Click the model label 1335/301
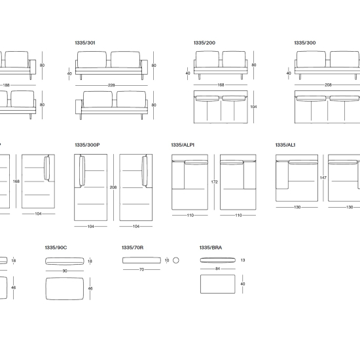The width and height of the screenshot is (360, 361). click(85, 43)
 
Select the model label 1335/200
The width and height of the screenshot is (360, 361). click(204, 43)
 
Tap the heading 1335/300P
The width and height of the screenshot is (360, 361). click(87, 145)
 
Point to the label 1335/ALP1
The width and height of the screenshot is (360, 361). click(183, 145)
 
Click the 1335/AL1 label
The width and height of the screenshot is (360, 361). click(285, 145)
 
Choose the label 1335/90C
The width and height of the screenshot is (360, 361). click(56, 248)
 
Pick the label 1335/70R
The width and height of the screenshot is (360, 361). click(132, 248)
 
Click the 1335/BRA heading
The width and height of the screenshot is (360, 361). click(211, 248)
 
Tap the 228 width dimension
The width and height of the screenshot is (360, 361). click(111, 85)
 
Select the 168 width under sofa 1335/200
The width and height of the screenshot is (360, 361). click(221, 85)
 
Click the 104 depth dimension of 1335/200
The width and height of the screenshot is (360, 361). click(253, 107)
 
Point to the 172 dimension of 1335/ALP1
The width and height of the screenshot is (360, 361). click(214, 182)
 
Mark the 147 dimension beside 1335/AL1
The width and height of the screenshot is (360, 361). click(323, 178)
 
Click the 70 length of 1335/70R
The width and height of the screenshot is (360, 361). click(141, 269)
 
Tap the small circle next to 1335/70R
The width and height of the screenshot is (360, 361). click(175, 260)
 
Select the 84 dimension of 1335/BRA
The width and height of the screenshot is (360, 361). click(217, 269)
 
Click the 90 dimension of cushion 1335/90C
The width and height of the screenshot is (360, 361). click(65, 271)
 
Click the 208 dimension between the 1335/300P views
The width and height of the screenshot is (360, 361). click(113, 187)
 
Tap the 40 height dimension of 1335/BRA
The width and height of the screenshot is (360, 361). click(243, 284)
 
